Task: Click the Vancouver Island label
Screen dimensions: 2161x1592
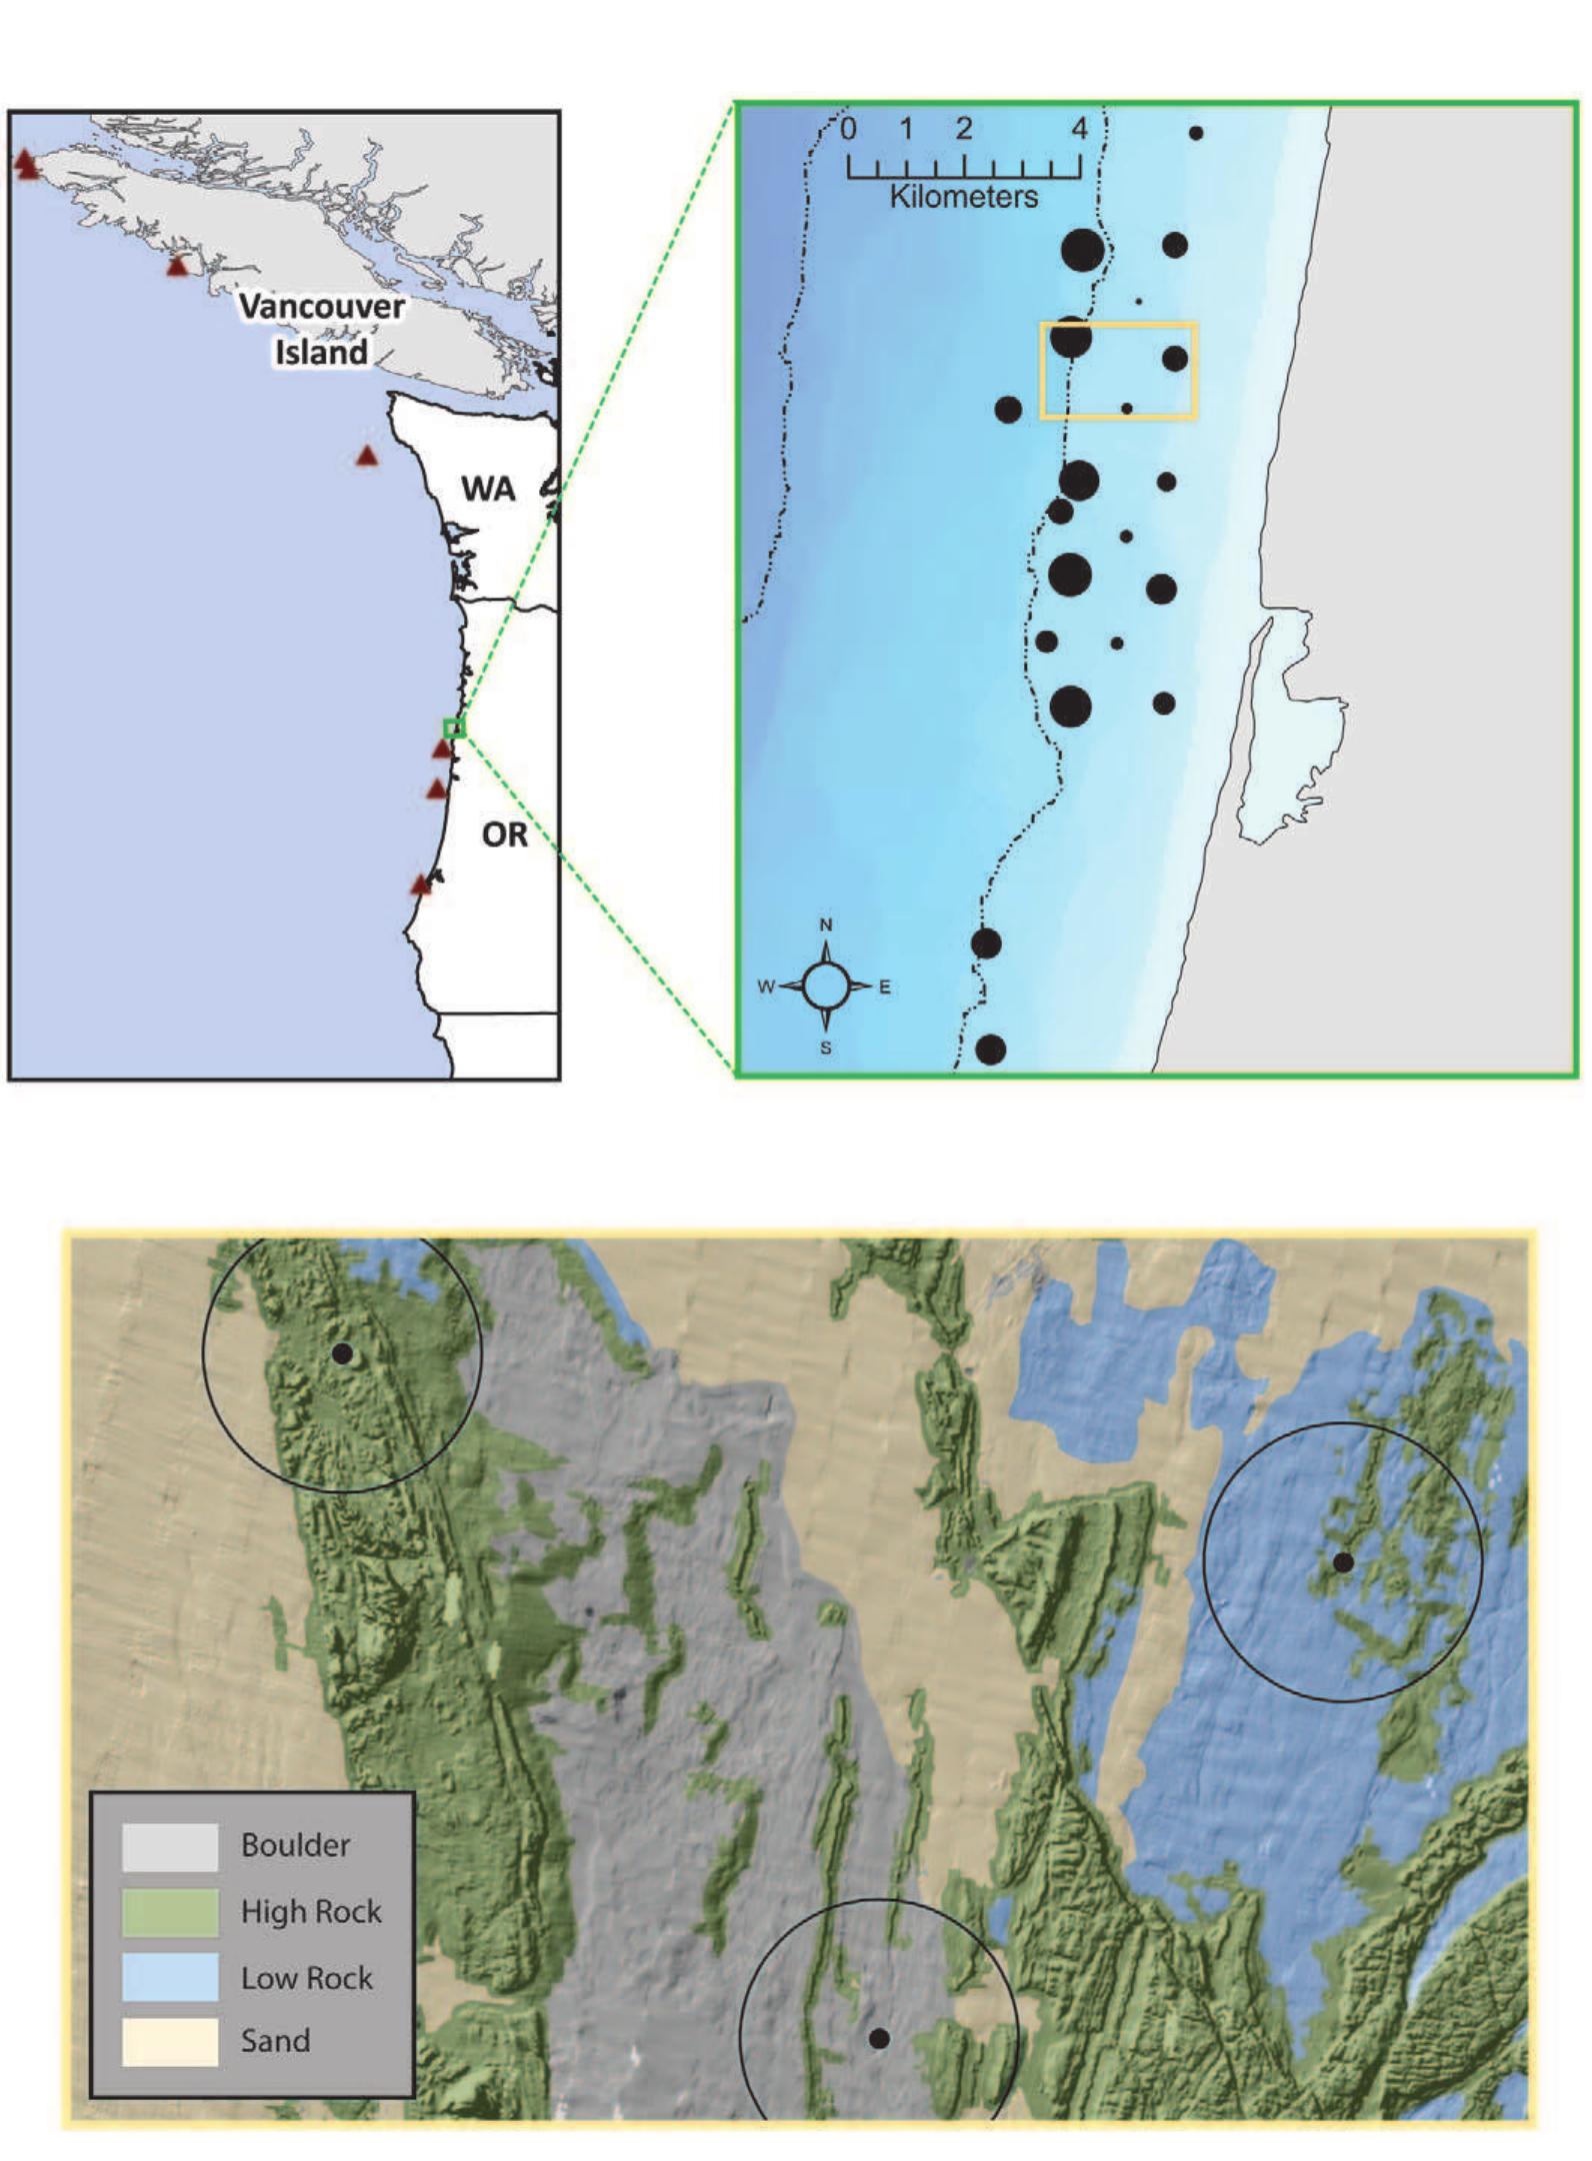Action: [322, 328]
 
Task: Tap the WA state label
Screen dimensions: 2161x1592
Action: [488, 489]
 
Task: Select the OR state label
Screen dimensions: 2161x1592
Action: [504, 835]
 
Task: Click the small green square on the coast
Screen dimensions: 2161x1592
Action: [454, 728]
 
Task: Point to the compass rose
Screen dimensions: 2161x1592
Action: [826, 986]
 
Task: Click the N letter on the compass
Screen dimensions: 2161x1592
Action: [826, 926]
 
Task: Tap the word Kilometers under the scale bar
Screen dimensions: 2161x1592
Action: [964, 196]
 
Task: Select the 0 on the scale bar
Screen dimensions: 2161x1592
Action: [849, 129]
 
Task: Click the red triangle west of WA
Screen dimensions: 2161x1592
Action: [367, 456]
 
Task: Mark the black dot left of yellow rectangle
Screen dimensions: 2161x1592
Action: [1008, 409]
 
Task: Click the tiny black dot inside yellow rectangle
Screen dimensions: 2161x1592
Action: [1127, 408]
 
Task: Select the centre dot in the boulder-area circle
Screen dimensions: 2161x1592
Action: [879, 2039]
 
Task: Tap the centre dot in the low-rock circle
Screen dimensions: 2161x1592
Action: [1344, 1562]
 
